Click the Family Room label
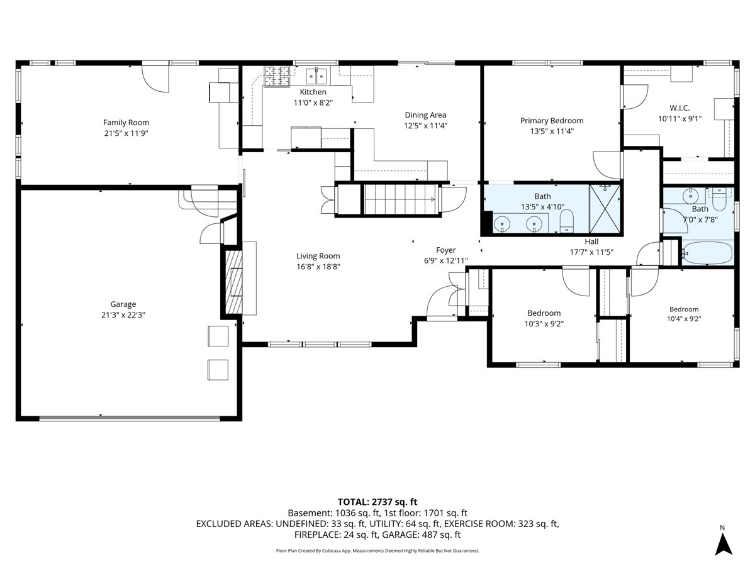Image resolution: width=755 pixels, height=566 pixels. (126, 123)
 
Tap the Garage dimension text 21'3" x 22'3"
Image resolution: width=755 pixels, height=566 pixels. (123, 315)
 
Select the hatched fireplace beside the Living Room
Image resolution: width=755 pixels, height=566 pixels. (233, 282)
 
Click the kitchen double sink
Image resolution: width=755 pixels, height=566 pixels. (316, 77)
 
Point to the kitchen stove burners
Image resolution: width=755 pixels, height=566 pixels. (277, 76)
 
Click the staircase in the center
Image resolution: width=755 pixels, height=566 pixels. (401, 199)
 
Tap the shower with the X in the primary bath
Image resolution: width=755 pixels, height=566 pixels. (605, 209)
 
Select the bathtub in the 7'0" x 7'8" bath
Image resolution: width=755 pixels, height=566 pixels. (708, 253)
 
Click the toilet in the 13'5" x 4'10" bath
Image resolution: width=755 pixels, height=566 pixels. (566, 221)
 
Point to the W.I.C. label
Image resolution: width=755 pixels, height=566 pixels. (679, 108)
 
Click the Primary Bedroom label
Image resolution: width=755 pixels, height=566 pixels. (552, 121)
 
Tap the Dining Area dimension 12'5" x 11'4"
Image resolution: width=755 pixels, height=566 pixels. (425, 126)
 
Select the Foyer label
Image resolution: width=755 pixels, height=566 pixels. (446, 250)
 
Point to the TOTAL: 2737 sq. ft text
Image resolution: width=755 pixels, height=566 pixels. (377, 502)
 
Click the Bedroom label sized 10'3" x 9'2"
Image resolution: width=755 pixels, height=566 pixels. (544, 313)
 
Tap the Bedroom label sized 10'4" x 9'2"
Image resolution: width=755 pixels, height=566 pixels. (684, 309)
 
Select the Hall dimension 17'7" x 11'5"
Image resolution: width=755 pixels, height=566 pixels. (591, 252)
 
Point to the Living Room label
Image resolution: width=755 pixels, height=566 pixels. (318, 256)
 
